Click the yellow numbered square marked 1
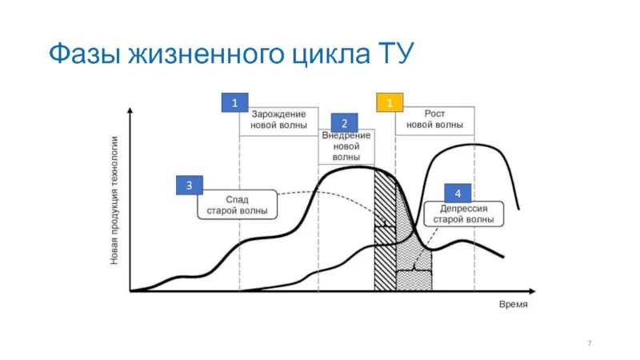pyautogui.click(x=389, y=102)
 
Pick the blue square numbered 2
pyautogui.click(x=344, y=123)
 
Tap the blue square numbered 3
pyautogui.click(x=189, y=186)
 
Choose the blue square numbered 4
pyautogui.click(x=457, y=194)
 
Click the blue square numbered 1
pyautogui.click(x=234, y=102)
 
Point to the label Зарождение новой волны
pyautogui.click(x=278, y=120)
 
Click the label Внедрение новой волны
pyautogui.click(x=346, y=146)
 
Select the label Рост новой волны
pyautogui.click(x=434, y=120)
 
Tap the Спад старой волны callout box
pyautogui.click(x=237, y=205)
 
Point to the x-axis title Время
pyautogui.click(x=514, y=304)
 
